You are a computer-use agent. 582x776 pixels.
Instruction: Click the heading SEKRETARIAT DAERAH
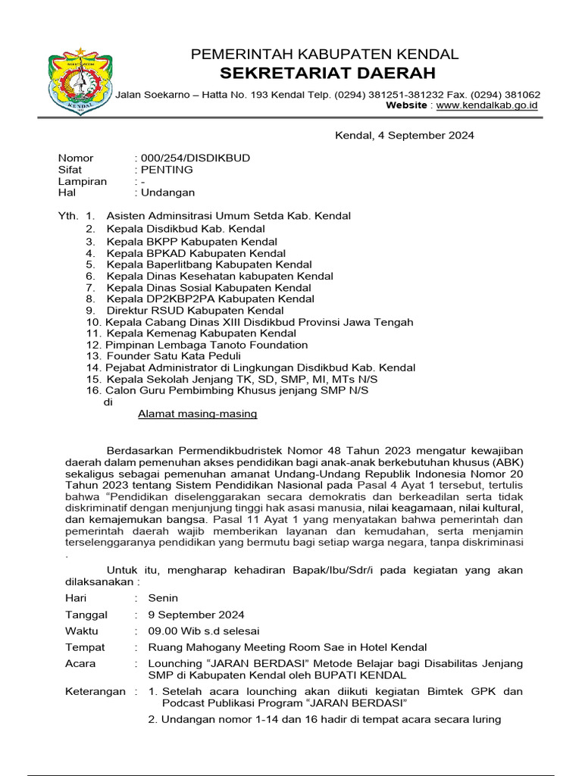(x=327, y=74)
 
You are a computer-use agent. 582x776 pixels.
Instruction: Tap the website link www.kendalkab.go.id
(x=487, y=105)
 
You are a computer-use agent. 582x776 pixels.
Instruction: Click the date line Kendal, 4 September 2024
(x=405, y=136)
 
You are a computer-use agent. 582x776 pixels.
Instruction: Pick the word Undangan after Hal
(x=167, y=193)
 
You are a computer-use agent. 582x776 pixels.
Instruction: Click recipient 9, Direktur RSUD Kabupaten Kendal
(x=195, y=311)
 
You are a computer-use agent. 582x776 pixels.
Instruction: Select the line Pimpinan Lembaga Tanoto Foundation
(x=207, y=345)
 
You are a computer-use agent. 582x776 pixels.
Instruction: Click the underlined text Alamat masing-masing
(x=198, y=414)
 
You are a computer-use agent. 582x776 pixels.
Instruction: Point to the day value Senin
(x=163, y=598)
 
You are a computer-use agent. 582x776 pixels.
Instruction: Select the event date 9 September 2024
(x=196, y=615)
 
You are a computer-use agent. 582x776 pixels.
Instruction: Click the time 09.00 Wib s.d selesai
(x=203, y=631)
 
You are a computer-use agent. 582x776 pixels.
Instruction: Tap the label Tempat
(x=85, y=647)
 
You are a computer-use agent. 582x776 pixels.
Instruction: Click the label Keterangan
(x=95, y=692)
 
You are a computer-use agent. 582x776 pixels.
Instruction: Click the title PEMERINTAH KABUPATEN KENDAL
(x=324, y=55)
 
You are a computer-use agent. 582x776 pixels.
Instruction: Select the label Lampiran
(x=83, y=182)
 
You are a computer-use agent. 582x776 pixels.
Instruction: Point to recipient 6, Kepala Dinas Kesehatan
(x=208, y=277)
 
